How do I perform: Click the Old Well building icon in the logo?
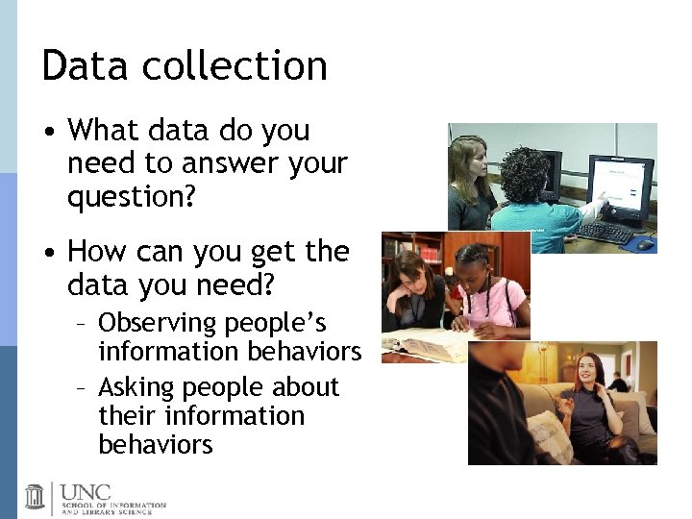(x=36, y=496)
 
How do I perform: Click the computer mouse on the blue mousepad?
(x=645, y=243)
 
